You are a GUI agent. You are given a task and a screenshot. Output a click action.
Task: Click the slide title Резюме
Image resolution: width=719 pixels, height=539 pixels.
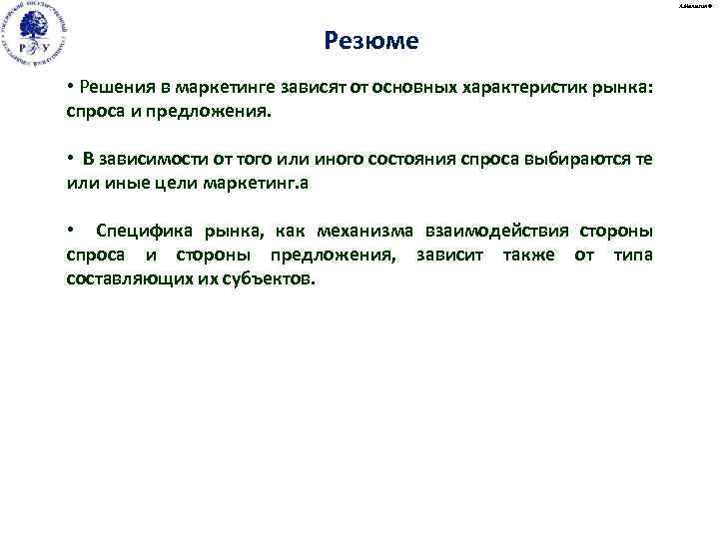coord(371,42)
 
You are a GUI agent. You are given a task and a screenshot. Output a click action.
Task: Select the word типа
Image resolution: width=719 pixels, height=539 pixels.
coord(633,256)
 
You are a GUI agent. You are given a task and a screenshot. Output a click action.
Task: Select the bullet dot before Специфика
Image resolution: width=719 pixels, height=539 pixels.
coord(70,232)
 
